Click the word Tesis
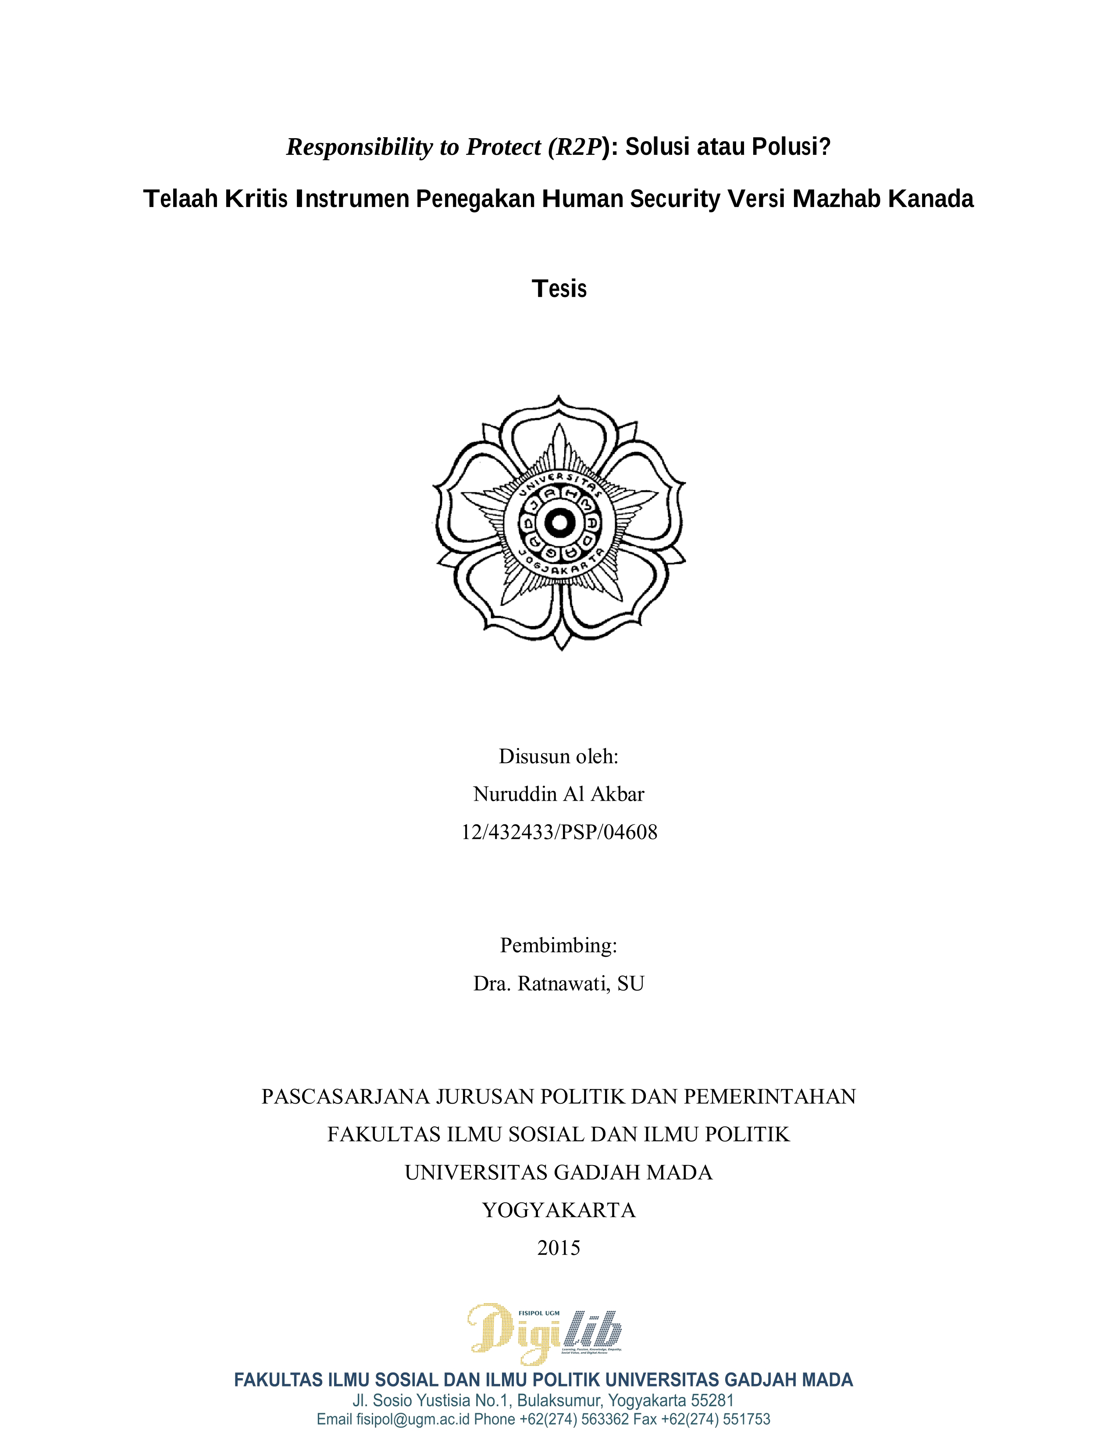[559, 289]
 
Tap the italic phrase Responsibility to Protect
[414, 147]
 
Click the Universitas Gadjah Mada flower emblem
[559, 524]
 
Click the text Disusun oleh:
[558, 757]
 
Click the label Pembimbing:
[558, 945]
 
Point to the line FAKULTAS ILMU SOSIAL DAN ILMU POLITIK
[558, 1134]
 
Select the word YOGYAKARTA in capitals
[558, 1211]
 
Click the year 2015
[558, 1248]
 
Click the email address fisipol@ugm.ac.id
[413, 1420]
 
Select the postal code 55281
[712, 1401]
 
